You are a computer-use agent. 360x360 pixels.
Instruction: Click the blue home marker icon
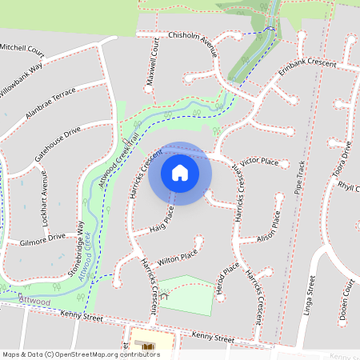point(180,173)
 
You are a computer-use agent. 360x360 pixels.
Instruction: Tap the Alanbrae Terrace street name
point(50,103)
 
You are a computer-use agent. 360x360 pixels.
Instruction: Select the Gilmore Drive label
point(42,238)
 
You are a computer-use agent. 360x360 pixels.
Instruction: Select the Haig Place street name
point(162,223)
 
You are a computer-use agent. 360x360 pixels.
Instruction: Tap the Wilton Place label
point(178,258)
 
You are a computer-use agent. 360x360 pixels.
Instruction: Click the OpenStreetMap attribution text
point(81,354)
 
